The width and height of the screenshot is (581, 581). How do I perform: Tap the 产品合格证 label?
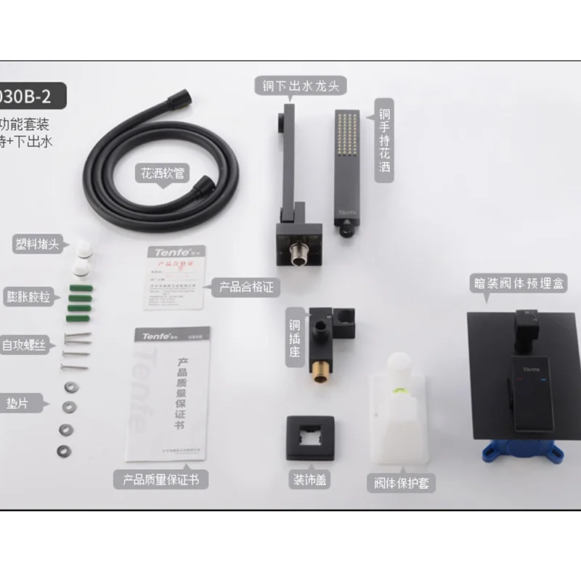coord(245,287)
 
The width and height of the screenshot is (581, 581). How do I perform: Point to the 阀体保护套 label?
coord(401,483)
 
